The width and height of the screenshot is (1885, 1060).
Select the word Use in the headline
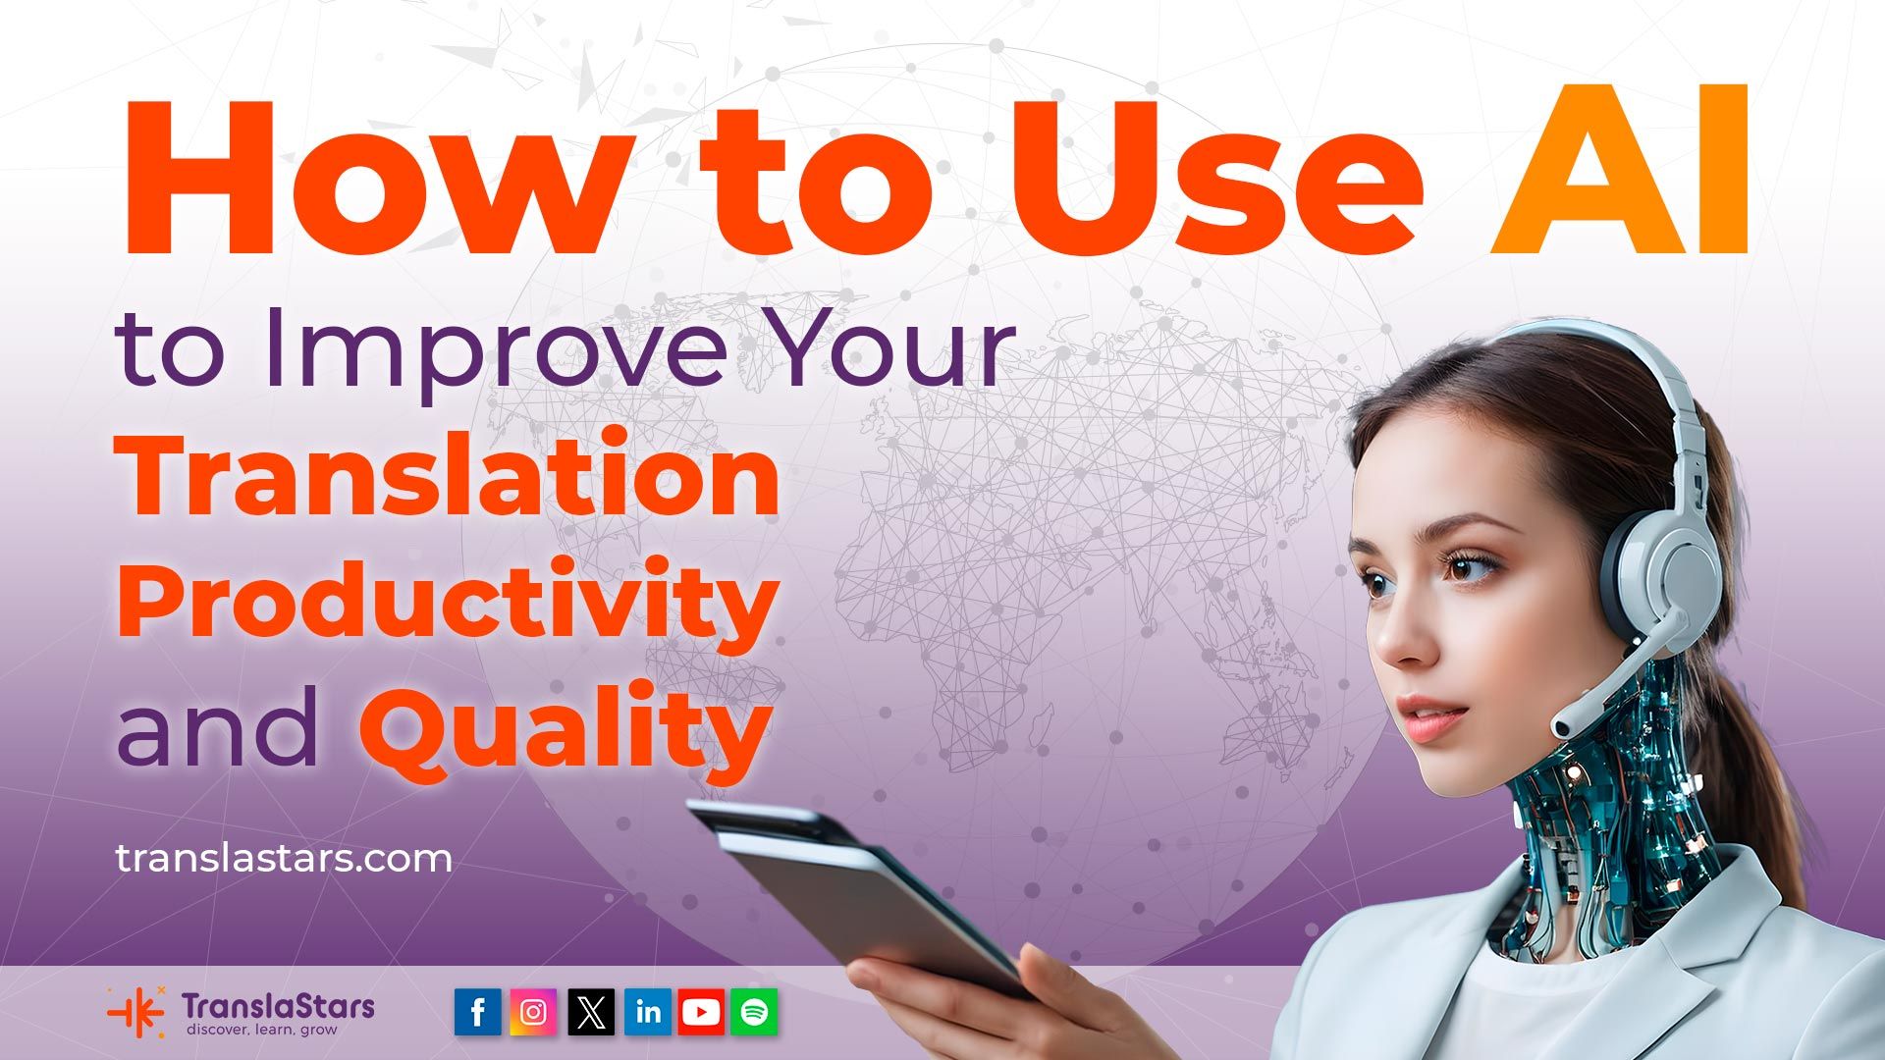(x=1217, y=173)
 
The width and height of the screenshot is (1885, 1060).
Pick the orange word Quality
(x=565, y=728)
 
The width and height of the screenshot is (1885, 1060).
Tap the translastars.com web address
(x=284, y=859)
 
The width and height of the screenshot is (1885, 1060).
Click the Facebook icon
(x=478, y=1012)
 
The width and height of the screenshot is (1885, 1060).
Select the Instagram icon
(x=533, y=1012)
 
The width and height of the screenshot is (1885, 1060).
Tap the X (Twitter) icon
(x=590, y=1012)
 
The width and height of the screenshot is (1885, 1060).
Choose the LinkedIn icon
(x=647, y=1012)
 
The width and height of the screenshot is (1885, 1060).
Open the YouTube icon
(x=700, y=1012)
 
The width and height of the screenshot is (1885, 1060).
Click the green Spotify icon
(x=754, y=1012)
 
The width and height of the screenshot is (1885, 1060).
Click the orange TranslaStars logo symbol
(x=136, y=1012)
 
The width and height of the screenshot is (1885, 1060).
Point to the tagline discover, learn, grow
(x=261, y=1030)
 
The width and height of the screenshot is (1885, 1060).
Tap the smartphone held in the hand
(x=864, y=888)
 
